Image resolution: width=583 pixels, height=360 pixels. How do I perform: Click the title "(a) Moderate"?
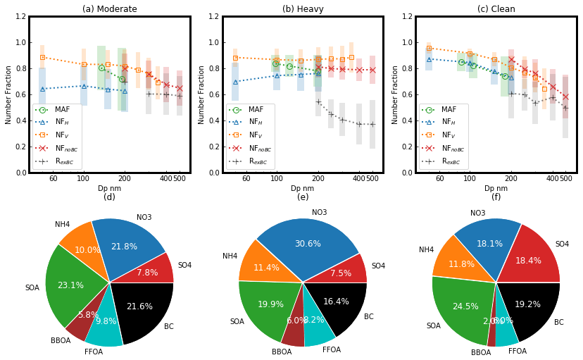110,9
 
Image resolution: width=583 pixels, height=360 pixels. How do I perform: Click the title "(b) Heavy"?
303,9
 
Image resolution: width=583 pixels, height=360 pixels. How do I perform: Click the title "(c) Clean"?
496,9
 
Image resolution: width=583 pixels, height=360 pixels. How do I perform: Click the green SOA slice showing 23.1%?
70,285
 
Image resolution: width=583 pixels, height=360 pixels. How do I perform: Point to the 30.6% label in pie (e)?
307,244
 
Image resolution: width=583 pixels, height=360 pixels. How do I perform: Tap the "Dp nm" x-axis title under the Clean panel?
496,188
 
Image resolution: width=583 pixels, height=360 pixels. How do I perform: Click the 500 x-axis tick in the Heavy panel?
372,178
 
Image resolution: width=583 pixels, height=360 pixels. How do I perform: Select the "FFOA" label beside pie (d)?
94,352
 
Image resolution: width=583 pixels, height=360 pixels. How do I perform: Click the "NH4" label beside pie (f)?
427,249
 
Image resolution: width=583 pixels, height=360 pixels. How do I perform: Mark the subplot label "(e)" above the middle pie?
303,197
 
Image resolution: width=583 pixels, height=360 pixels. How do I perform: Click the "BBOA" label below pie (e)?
282,352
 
